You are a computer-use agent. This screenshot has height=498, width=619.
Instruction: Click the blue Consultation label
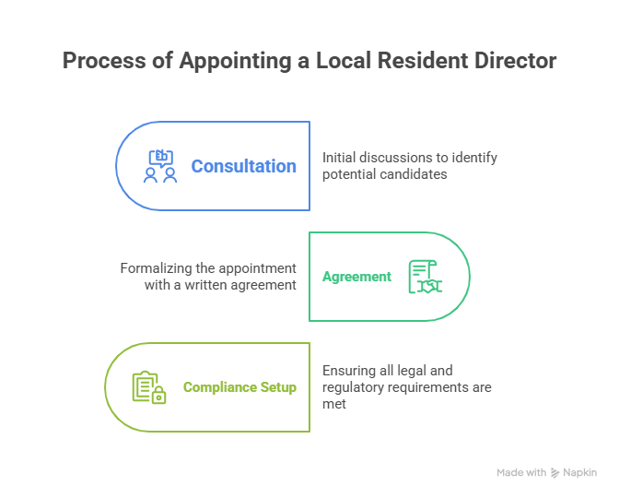tap(243, 167)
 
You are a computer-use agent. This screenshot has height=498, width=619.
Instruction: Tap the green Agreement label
tap(356, 277)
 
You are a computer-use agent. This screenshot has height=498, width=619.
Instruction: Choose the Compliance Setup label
tap(239, 387)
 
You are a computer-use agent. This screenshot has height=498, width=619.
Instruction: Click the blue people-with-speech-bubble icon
tap(160, 167)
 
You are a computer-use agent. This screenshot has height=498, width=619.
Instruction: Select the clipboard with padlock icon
tap(149, 387)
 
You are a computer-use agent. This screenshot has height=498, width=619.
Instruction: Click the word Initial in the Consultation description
tap(337, 158)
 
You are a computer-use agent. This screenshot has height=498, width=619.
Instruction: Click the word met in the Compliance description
tap(333, 404)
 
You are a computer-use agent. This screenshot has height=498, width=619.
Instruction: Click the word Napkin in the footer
tap(579, 472)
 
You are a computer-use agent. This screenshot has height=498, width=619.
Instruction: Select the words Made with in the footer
tap(521, 472)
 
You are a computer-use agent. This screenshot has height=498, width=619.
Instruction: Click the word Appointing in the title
tap(225, 62)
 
